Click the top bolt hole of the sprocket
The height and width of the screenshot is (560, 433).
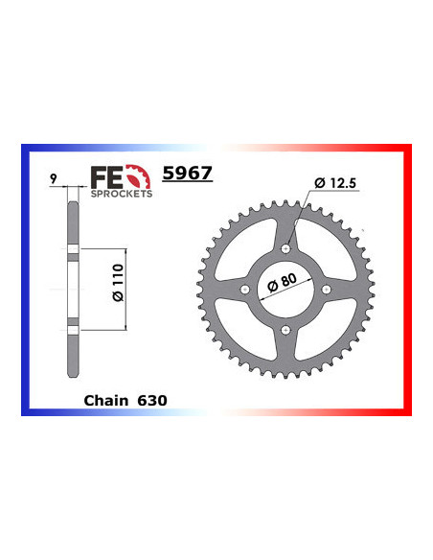(286, 248)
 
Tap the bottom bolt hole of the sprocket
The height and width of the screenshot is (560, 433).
(286, 328)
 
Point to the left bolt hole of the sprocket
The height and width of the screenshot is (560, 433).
(246, 289)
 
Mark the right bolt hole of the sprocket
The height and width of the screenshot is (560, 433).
(327, 289)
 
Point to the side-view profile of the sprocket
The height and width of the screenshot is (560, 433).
(73, 288)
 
